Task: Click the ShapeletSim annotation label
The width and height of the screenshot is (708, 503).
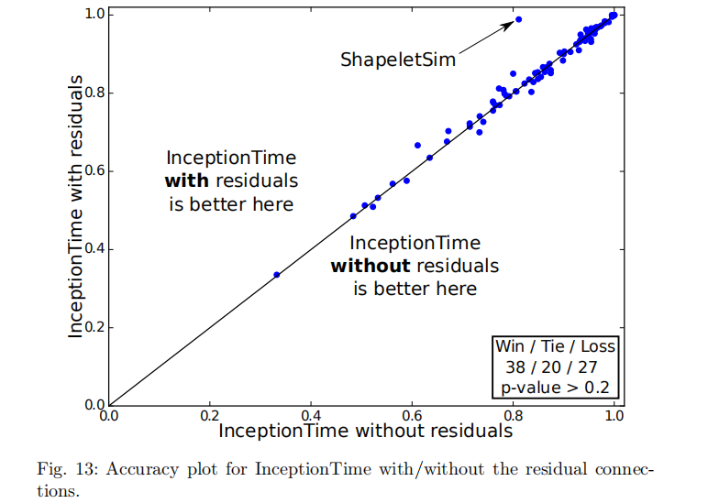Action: click(x=398, y=60)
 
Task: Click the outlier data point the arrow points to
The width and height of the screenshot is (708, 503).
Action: click(x=518, y=19)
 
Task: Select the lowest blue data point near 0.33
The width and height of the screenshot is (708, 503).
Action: click(x=277, y=275)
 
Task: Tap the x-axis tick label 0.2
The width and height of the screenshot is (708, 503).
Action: click(x=210, y=415)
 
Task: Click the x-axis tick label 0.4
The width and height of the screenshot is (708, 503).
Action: click(x=311, y=415)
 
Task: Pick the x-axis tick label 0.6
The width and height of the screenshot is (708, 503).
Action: click(x=412, y=415)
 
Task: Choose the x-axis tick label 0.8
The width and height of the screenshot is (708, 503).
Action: click(x=513, y=415)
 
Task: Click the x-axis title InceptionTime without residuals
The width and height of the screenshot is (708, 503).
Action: click(x=365, y=430)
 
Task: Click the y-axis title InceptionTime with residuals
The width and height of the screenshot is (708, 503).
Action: click(x=77, y=208)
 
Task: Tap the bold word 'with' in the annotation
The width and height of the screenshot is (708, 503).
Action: click(x=186, y=180)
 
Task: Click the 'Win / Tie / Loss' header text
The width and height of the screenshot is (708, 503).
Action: click(x=555, y=347)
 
